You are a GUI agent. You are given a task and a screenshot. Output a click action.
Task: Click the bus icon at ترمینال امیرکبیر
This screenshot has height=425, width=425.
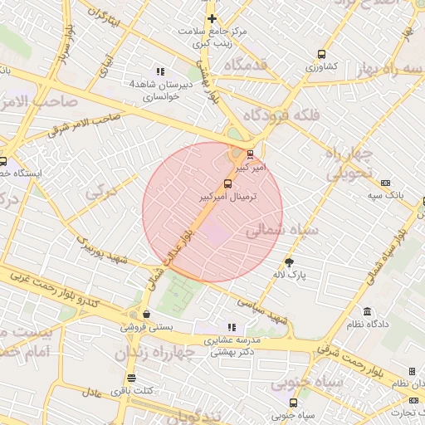pos(227,183)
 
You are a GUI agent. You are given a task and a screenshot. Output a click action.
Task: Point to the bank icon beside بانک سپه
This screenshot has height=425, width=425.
pos(385,183)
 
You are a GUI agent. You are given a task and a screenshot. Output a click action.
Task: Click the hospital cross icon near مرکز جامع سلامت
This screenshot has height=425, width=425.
pos(212,18)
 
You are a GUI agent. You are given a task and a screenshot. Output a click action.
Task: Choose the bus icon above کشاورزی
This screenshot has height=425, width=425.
pos(320,55)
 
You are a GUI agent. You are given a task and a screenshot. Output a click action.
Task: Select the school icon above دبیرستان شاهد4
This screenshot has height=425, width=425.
pos(160,71)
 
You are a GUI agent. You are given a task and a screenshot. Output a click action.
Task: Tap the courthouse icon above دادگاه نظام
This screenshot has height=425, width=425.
pos(383,310)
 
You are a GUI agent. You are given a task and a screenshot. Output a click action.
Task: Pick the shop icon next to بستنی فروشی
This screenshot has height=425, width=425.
pos(146,315)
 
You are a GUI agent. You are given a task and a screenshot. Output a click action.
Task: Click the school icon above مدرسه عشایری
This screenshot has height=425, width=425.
pos(232,328)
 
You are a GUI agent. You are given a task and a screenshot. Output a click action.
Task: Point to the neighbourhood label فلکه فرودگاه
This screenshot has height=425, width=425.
pos(283,115)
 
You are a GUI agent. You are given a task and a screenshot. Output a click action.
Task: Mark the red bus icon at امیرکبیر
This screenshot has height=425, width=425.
pos(251,154)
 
